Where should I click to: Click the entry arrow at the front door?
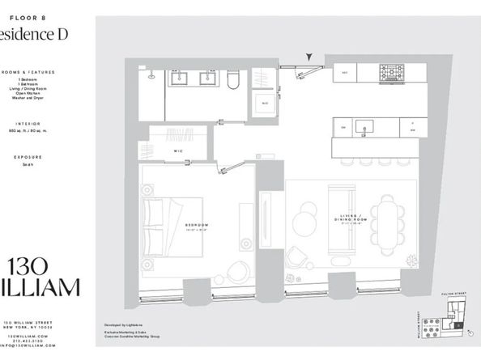[309, 57]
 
